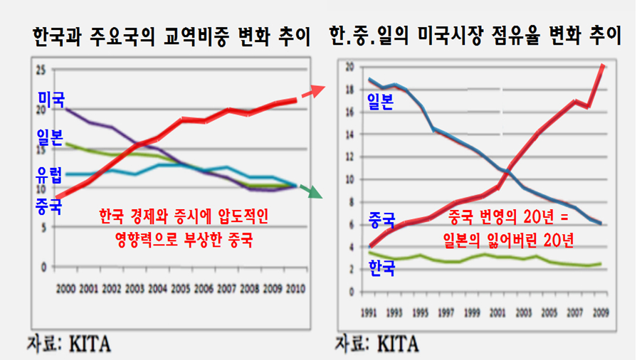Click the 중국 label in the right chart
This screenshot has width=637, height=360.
click(381, 219)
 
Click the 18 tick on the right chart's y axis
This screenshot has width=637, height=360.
click(349, 90)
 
